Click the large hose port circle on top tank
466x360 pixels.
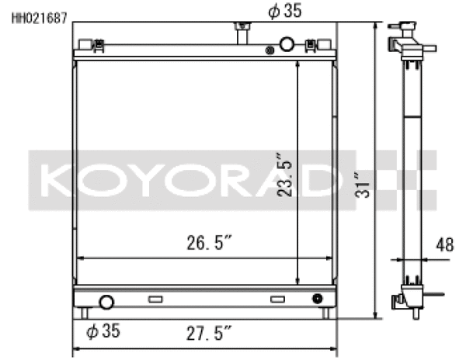click(x=287, y=44)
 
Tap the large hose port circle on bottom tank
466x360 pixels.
click(x=106, y=302)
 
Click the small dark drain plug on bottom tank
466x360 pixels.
click(x=317, y=299)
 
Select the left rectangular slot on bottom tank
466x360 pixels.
click(x=155, y=299)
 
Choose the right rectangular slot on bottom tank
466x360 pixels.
click(x=277, y=299)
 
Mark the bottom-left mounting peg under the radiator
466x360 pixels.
click(x=84, y=313)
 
